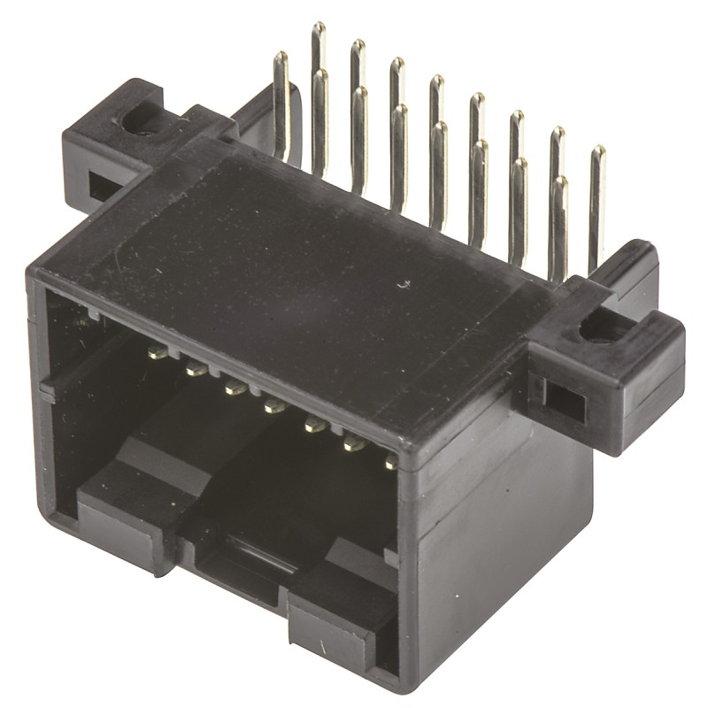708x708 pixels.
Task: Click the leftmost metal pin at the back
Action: point(281,106)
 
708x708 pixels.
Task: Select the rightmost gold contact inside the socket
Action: point(390,463)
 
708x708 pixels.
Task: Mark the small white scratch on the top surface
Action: point(406,285)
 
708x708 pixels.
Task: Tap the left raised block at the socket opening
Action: point(124,513)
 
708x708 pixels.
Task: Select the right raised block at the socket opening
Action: point(341,611)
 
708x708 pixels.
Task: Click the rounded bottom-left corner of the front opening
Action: point(53,513)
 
